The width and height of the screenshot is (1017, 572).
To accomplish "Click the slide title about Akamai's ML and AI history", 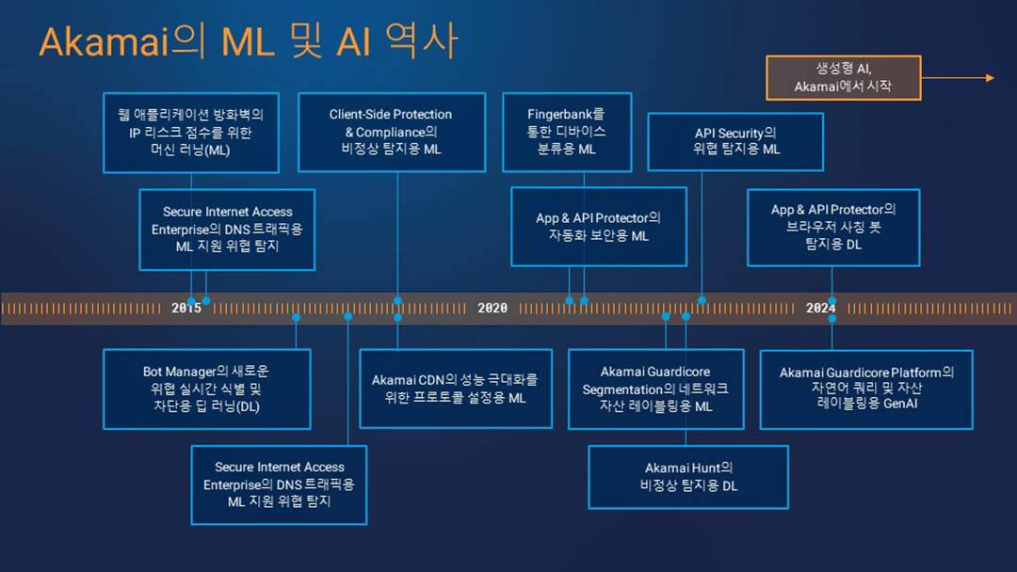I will pyautogui.click(x=248, y=42).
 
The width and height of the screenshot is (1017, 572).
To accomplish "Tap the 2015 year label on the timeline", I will pyautogui.click(x=186, y=308).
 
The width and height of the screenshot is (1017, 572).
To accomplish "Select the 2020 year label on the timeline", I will pyautogui.click(x=492, y=308).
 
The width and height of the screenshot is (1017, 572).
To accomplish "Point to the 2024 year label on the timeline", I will pyautogui.click(x=821, y=308).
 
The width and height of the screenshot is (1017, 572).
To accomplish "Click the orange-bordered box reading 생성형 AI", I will pyautogui.click(x=843, y=78).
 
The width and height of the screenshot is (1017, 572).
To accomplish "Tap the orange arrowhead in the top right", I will pyautogui.click(x=989, y=78).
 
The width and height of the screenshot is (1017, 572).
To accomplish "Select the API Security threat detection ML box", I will pyautogui.click(x=735, y=141).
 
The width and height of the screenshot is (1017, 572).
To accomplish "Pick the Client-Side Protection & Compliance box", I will pyautogui.click(x=391, y=132).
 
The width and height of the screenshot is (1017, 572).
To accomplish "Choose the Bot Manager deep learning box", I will pyautogui.click(x=206, y=389).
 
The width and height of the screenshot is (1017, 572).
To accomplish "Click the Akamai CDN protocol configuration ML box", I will pyautogui.click(x=455, y=389).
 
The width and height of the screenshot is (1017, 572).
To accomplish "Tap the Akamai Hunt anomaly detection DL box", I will pyautogui.click(x=688, y=476).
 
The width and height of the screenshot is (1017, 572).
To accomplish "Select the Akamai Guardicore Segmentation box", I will pyautogui.click(x=655, y=389).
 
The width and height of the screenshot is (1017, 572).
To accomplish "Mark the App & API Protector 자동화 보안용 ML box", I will pyautogui.click(x=598, y=227).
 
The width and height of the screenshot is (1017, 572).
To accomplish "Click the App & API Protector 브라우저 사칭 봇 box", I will pyautogui.click(x=833, y=227).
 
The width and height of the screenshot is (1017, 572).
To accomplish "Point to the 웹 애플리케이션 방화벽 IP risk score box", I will pyautogui.click(x=191, y=133).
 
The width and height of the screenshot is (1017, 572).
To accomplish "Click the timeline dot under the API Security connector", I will pyautogui.click(x=702, y=300).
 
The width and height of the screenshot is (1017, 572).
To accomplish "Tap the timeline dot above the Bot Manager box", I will pyautogui.click(x=296, y=317).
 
